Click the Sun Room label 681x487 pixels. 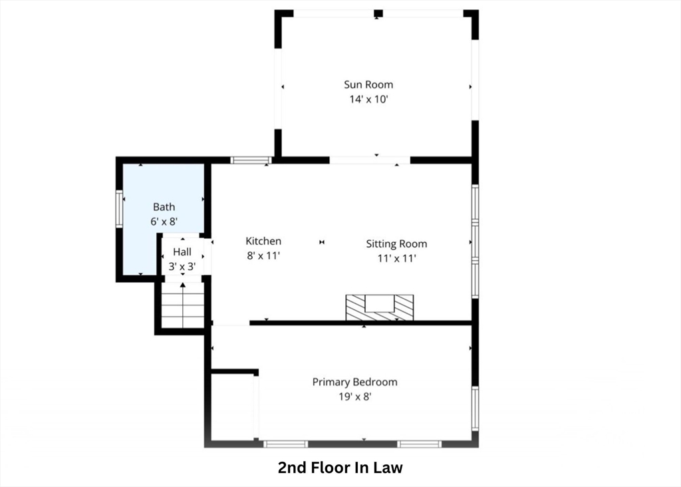(x=368, y=84)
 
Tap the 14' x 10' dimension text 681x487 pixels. (x=368, y=99)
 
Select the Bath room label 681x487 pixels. (x=164, y=207)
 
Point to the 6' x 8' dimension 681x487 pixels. (x=164, y=222)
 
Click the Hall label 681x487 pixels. (x=182, y=251)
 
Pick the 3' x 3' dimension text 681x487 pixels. (x=182, y=266)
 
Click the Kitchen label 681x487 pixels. (x=263, y=241)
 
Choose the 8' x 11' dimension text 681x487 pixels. (x=263, y=255)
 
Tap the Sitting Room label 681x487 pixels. (x=396, y=243)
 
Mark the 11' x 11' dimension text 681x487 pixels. (x=396, y=258)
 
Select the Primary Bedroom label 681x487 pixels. (x=354, y=382)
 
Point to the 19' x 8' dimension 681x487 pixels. (x=354, y=397)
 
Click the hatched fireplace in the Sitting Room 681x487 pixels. (x=379, y=307)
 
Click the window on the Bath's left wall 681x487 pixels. (x=120, y=209)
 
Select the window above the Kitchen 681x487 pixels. (x=251, y=160)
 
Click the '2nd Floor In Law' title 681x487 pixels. (x=340, y=468)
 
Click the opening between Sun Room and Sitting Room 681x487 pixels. (x=370, y=160)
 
